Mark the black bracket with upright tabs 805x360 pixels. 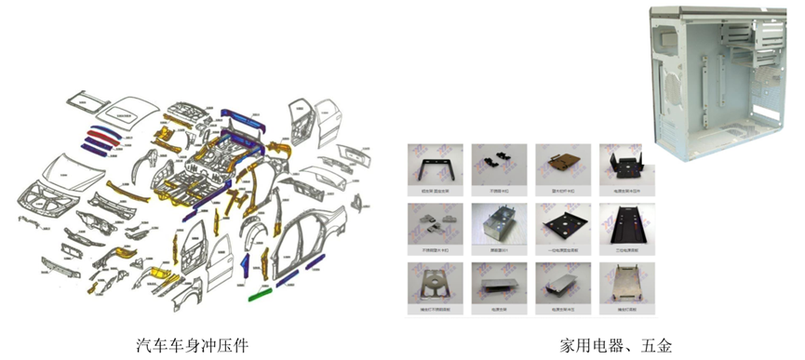coord(624,166)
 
